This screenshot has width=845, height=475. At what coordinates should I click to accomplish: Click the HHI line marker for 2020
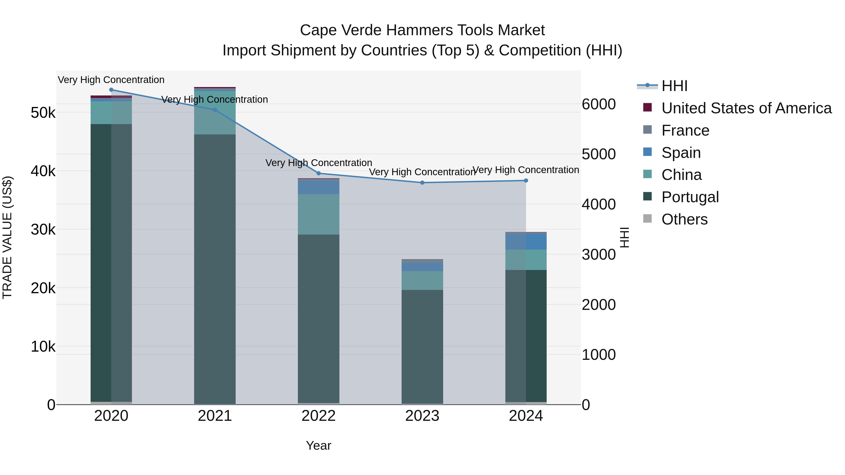111,90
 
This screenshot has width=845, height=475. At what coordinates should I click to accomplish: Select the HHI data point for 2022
319,173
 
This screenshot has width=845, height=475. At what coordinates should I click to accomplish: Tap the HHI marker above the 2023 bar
422,182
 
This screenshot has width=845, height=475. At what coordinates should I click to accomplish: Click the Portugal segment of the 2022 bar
319,318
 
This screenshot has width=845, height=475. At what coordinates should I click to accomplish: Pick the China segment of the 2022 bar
319,214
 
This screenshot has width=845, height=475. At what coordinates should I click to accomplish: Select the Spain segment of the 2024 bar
526,242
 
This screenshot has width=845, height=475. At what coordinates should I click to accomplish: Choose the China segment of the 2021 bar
215,112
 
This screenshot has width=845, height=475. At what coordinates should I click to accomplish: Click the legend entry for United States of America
746,108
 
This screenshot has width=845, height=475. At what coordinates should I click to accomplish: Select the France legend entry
685,130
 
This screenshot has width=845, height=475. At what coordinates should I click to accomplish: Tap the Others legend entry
684,219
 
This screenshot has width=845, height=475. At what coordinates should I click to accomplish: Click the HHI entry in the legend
674,86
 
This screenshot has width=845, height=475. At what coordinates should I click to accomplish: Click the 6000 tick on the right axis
599,104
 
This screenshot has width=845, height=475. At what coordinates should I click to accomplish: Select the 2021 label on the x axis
215,416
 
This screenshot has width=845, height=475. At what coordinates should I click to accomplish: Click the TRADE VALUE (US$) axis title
7,237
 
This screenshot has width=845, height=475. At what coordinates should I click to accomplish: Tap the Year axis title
319,445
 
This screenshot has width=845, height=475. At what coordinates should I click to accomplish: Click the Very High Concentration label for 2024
526,170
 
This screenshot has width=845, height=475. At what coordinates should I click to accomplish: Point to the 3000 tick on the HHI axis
599,255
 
